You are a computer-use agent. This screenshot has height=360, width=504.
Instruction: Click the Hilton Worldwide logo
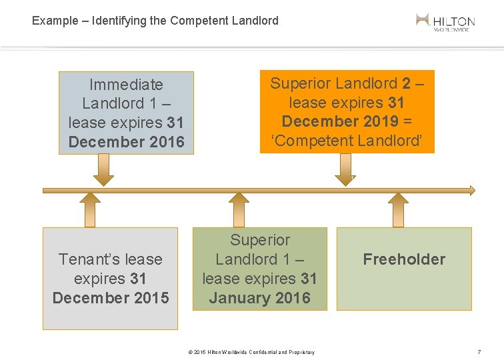pos(445,21)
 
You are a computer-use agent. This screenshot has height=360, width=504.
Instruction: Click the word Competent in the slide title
pos(198,21)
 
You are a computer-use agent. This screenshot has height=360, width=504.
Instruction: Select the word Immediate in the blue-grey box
pos(126,85)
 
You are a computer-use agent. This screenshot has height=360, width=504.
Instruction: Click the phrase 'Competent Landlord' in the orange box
pos(347,141)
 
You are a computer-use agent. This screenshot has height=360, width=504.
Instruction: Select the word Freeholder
pos(404,259)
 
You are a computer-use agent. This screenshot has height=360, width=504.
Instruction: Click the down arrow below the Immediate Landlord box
pos(103,171)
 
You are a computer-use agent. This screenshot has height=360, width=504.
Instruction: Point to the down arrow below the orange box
pos(345,170)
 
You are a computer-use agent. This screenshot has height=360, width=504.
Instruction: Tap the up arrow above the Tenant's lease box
pos(89,210)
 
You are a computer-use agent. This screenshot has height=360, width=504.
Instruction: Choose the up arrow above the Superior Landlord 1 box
pos(238,210)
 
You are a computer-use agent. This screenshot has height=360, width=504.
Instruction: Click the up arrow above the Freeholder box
pos(399,210)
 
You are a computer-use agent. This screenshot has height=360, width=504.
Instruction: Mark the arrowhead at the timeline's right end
pos(472,190)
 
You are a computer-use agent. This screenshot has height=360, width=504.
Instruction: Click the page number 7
pos(479,351)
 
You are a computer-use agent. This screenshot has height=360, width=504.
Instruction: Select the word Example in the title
pos(55,21)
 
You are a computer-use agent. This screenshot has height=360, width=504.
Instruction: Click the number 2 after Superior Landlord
pos(406,83)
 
